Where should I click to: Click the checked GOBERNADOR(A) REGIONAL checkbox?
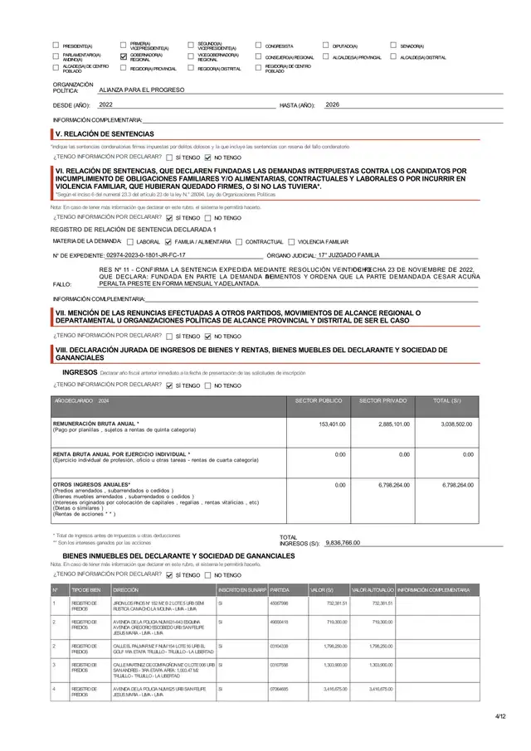(124, 57)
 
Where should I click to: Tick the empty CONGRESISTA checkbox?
(259, 46)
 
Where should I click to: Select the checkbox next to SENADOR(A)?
(393, 46)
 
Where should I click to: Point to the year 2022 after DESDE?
(105, 105)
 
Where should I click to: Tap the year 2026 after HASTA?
(332, 105)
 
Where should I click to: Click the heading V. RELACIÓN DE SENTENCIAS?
(104, 133)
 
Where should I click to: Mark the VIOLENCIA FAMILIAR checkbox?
(291, 241)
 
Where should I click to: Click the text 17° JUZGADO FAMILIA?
(348, 255)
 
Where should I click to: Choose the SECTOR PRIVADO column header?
(382, 400)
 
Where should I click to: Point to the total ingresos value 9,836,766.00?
(343, 542)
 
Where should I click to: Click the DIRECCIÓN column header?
(125, 589)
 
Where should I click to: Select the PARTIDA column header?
(280, 589)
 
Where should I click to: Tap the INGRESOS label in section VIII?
(80, 373)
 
